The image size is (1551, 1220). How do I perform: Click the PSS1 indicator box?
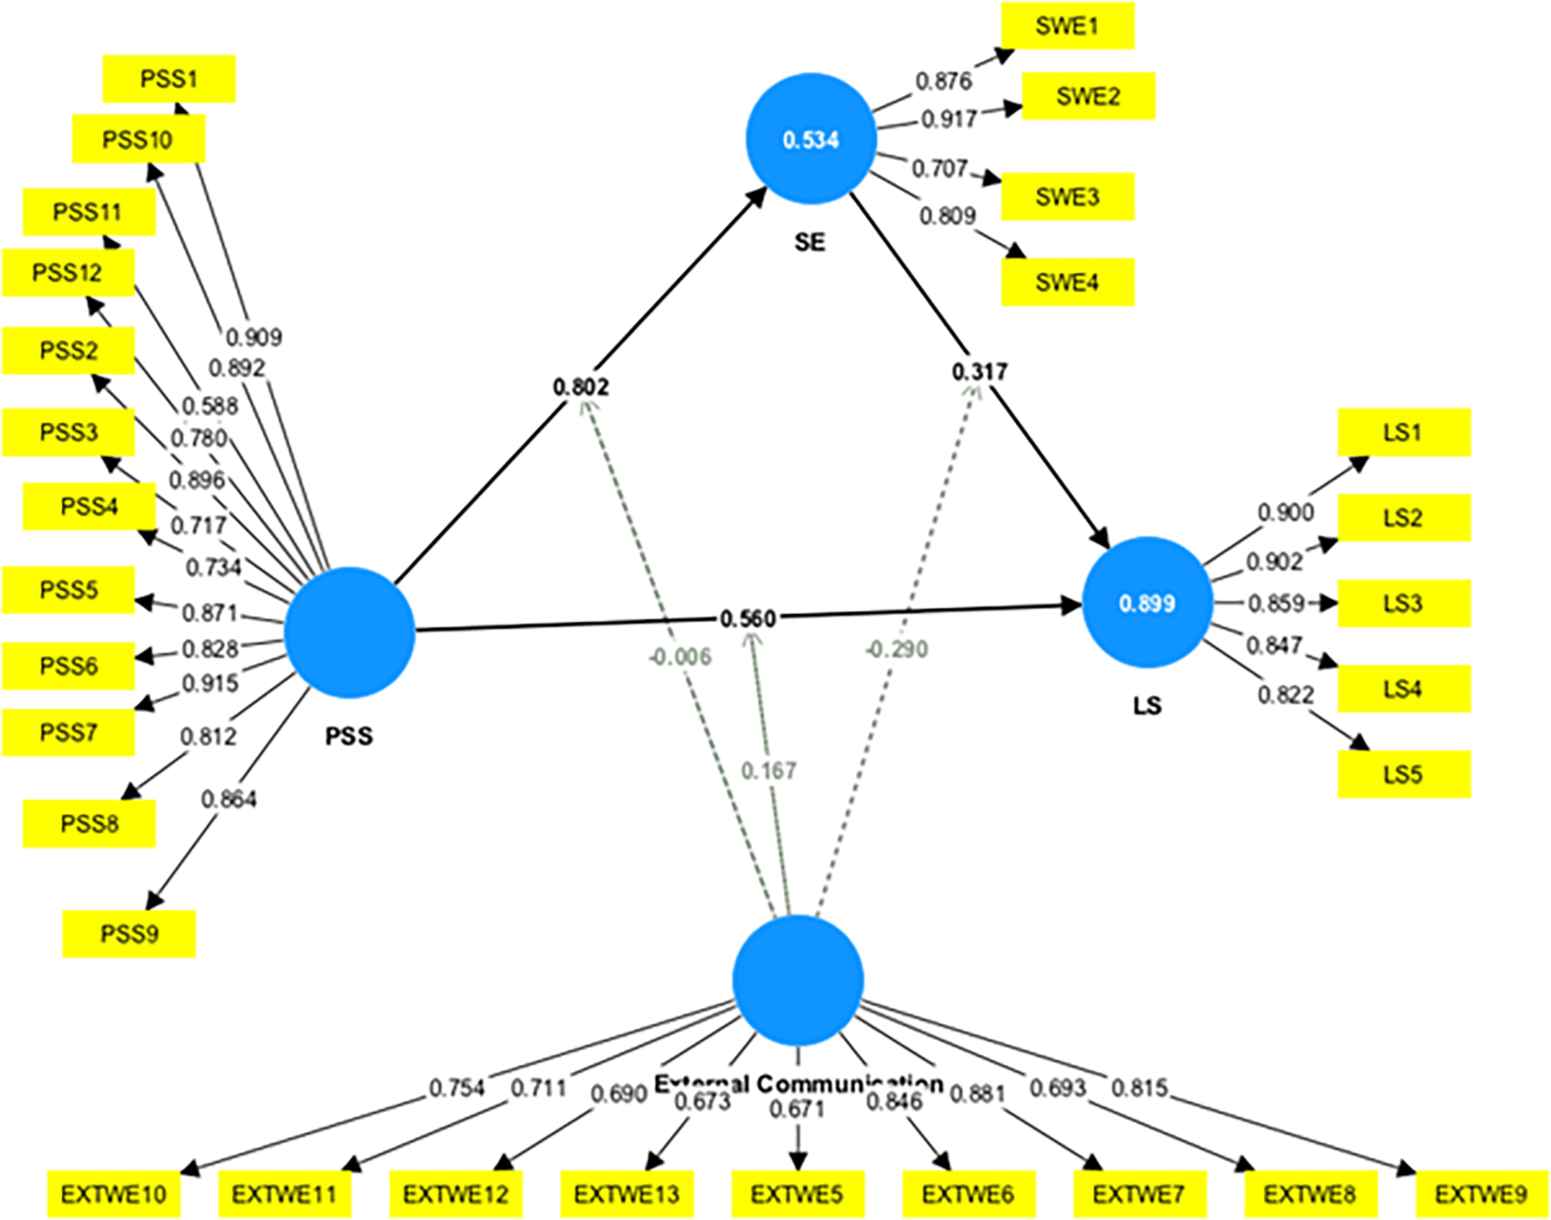tap(169, 79)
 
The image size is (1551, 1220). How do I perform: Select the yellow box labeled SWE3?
tap(1067, 197)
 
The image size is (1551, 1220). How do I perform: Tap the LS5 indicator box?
tap(1403, 775)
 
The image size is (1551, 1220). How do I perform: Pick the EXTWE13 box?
tap(626, 1195)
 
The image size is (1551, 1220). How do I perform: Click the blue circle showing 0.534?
tap(811, 140)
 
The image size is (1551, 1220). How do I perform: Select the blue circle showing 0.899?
tap(1147, 603)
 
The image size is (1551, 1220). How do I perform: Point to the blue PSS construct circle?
tap(349, 633)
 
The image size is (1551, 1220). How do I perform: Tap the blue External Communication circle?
tap(797, 981)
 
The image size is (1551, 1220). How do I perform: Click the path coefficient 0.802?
tap(580, 386)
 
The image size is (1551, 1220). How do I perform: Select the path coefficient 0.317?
tap(979, 372)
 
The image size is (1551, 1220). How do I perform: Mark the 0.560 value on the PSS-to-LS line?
tap(747, 619)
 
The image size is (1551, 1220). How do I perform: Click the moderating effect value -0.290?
tap(896, 649)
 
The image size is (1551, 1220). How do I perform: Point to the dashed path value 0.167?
tap(768, 771)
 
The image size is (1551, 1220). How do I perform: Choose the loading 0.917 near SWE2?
tap(948, 119)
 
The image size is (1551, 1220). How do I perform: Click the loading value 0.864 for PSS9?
tap(228, 799)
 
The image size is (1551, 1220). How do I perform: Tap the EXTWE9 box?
tap(1481, 1195)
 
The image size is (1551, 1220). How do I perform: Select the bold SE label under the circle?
tap(809, 243)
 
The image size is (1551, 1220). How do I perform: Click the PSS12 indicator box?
tap(68, 273)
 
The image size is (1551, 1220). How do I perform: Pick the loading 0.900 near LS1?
tap(1285, 512)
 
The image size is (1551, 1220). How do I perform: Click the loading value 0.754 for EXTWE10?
tap(457, 1088)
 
